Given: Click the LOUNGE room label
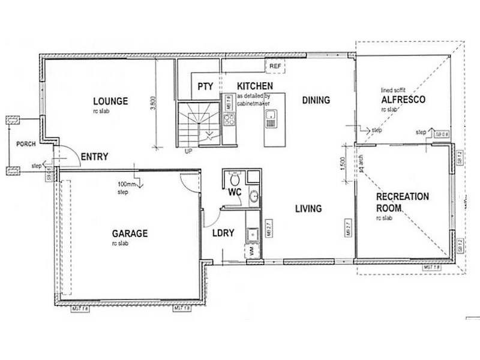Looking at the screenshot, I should [x=110, y=101].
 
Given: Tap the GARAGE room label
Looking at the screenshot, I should [x=130, y=233].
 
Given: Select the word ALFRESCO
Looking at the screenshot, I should [x=403, y=100].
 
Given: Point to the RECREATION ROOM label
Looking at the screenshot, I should [x=402, y=202].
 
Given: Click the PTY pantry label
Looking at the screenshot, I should [x=205, y=86].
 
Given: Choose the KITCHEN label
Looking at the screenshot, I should [x=255, y=86].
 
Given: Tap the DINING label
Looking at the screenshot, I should [x=316, y=100].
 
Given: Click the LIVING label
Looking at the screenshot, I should [x=308, y=209].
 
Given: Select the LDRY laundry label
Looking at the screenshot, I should [x=223, y=233].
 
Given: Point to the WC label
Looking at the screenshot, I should [x=234, y=193].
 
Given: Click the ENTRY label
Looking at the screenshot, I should [x=94, y=157].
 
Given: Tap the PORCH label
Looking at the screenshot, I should [x=25, y=144].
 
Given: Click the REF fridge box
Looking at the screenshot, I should [x=275, y=65].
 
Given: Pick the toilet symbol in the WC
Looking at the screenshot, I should [x=235, y=178].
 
